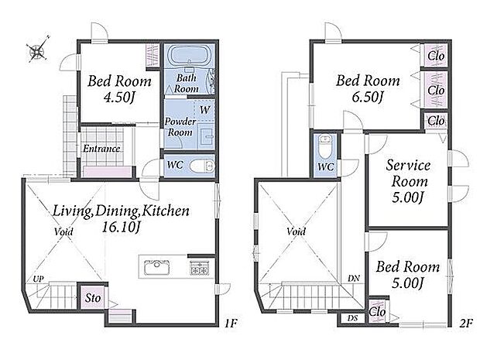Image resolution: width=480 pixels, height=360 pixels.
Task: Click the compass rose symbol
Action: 38,50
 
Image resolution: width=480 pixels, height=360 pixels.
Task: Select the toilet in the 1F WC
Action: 201,166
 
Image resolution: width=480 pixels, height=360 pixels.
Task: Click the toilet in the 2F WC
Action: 324,146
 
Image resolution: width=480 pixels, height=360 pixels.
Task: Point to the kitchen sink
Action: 156,267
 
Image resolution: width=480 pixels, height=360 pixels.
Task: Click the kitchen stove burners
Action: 199,267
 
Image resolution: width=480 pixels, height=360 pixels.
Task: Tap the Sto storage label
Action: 93,298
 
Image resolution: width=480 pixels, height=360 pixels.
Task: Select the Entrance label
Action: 101,149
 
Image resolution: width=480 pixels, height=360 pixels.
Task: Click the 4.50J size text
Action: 119,98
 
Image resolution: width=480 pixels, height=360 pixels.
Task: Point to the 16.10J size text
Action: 121,228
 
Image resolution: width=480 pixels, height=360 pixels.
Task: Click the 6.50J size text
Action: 368,97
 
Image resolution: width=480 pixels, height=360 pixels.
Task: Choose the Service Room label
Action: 408,173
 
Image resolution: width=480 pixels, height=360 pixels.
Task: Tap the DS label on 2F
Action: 352,318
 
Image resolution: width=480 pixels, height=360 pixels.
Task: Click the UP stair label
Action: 38,279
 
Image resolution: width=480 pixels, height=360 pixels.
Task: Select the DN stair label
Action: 354,279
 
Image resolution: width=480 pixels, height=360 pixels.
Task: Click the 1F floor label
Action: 231,324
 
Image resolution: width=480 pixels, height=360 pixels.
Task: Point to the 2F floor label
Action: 466,323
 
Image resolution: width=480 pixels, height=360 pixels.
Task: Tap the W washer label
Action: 205,110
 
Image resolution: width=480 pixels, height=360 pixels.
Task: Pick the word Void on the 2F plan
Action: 296,231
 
